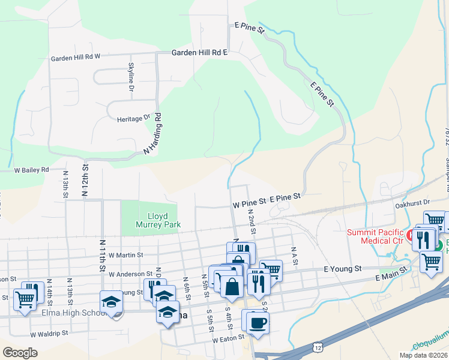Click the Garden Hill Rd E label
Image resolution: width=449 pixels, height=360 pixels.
200,53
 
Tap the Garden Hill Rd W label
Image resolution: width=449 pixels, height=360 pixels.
75,58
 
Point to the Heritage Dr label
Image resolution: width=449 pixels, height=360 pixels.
133,119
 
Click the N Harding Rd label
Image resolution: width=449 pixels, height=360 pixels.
153,135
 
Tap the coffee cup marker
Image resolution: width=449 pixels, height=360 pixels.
258,322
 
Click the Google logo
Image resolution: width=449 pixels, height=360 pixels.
20,352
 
